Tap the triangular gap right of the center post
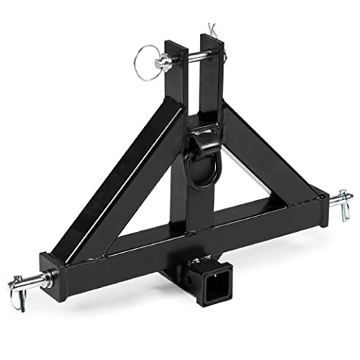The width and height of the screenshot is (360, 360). click(x=248, y=187)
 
